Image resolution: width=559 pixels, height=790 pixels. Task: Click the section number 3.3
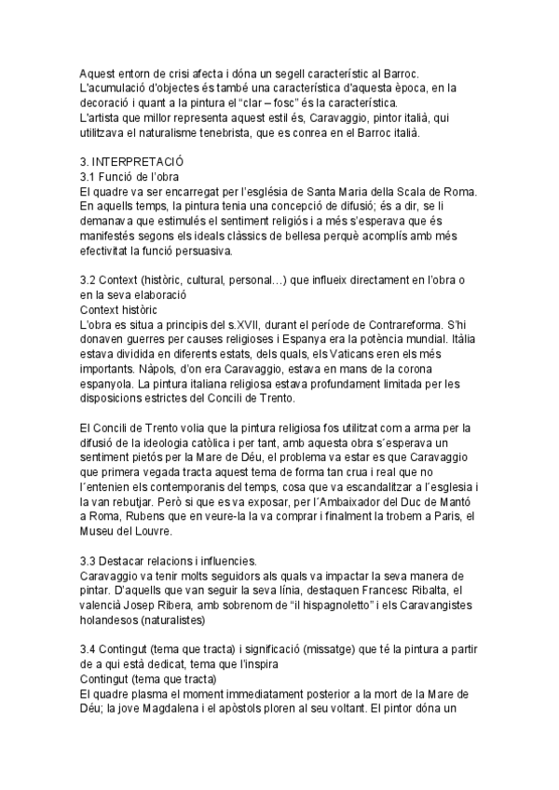pos(90,561)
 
